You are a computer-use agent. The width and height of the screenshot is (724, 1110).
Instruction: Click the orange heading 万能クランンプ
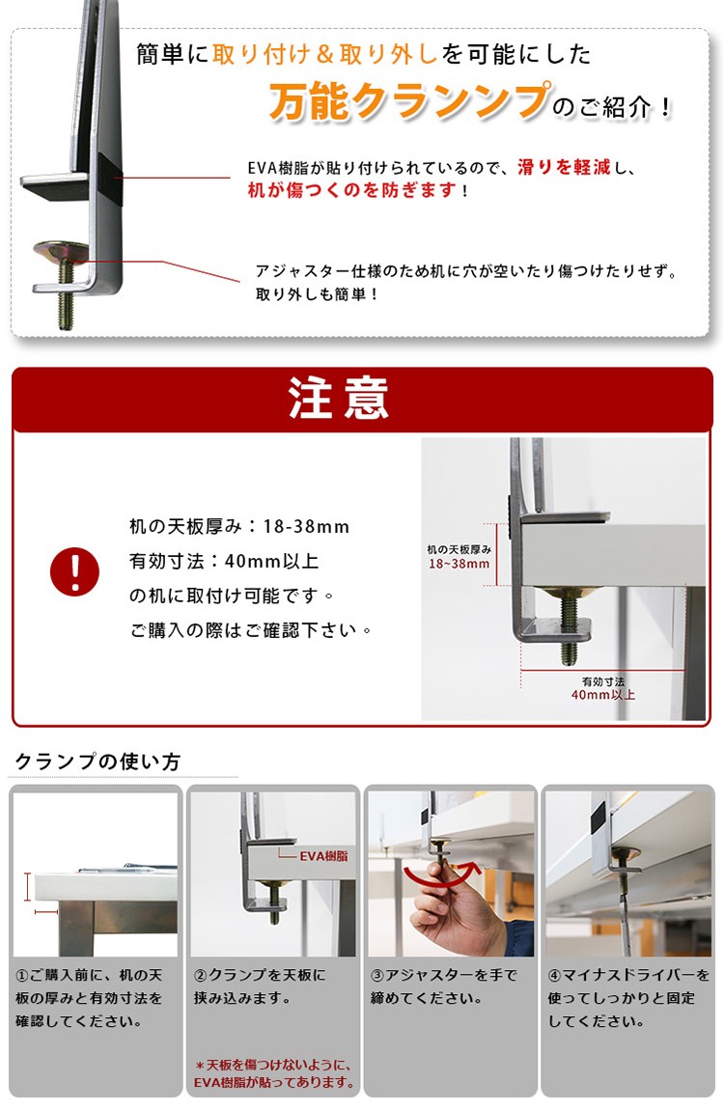pos(409,101)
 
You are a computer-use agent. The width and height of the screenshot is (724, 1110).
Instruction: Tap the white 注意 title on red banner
pos(338,398)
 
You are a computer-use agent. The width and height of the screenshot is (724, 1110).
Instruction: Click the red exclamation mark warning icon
pos(74,571)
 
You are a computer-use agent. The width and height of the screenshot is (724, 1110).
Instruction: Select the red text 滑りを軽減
pos(564,167)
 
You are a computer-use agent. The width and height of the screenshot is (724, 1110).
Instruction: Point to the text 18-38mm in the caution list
pos(306,527)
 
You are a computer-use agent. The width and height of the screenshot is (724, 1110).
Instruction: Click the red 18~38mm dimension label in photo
pos(459,565)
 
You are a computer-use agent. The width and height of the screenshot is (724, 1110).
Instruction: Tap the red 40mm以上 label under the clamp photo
pos(603,695)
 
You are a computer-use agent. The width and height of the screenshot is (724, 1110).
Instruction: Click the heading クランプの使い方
pos(97,762)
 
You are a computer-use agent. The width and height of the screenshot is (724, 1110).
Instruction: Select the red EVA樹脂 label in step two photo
pos(323,856)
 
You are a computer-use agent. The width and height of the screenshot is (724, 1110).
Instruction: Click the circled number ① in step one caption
pos(22,976)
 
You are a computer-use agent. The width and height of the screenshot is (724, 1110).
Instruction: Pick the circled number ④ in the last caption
pos(555,976)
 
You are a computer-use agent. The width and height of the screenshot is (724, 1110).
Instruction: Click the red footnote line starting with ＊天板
pos(275,1064)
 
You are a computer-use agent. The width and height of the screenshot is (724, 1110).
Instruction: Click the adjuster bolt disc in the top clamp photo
pos(60,251)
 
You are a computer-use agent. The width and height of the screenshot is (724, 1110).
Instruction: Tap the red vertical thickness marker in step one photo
pos(28,886)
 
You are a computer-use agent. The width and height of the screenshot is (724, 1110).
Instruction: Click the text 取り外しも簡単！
pos(317,293)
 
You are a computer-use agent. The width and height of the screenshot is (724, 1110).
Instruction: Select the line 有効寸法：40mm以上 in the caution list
pos(224,562)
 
